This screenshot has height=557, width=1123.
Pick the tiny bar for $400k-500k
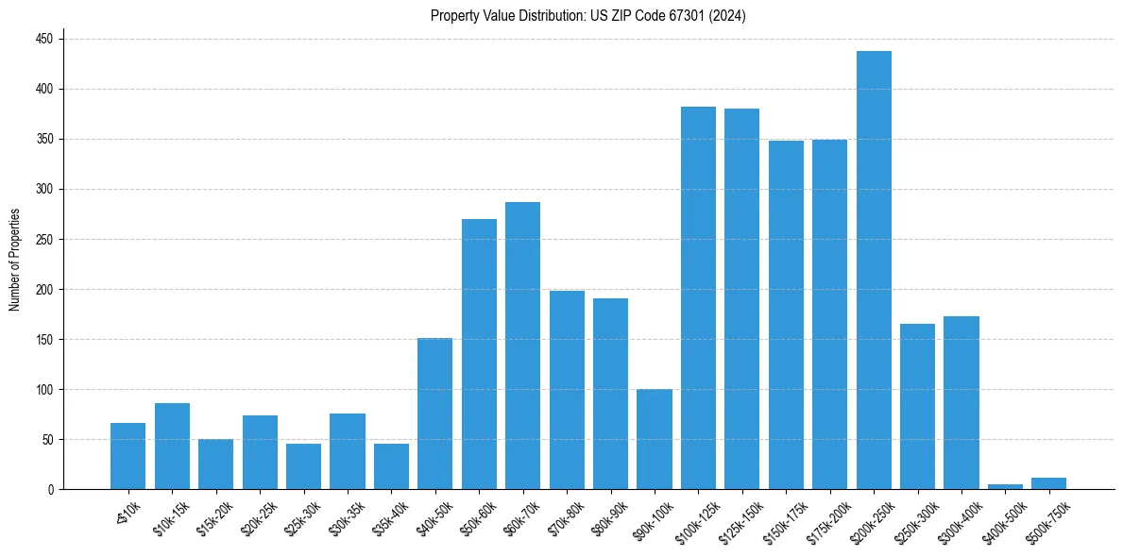1005,486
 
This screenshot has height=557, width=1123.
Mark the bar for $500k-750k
1048,483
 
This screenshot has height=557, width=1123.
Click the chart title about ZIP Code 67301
588,15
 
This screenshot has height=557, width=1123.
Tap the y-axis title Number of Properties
15,259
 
